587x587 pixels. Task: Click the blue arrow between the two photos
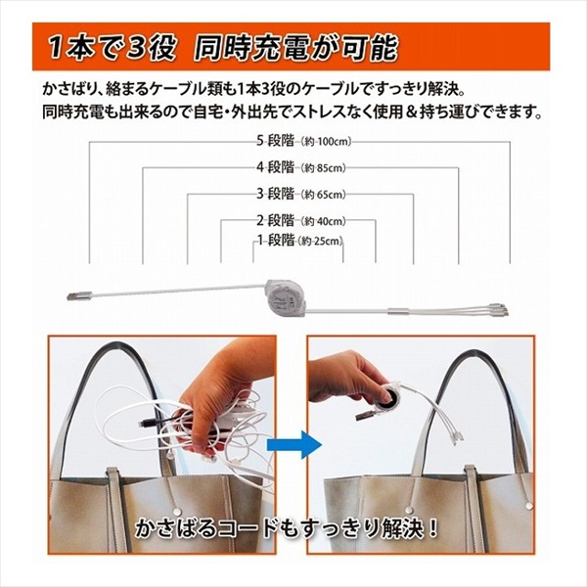[294, 445]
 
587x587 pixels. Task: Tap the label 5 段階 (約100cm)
[303, 141]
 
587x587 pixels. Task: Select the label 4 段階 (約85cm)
[301, 167]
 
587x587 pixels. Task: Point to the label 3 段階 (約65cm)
[301, 194]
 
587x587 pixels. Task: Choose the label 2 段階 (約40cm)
[301, 220]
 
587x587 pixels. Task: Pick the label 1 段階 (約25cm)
[300, 240]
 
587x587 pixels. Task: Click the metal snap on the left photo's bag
[178, 512]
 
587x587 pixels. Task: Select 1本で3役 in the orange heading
[113, 48]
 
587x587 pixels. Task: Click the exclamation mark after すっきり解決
[433, 528]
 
